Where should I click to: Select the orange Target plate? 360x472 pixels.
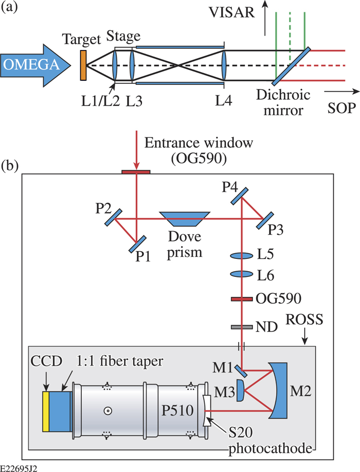click(83, 64)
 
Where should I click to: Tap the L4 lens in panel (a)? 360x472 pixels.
click(225, 65)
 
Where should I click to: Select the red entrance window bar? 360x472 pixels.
click(136, 170)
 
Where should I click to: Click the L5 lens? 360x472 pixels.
click(242, 255)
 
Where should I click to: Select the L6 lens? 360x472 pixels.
click(242, 274)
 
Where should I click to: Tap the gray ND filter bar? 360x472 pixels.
click(242, 326)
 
